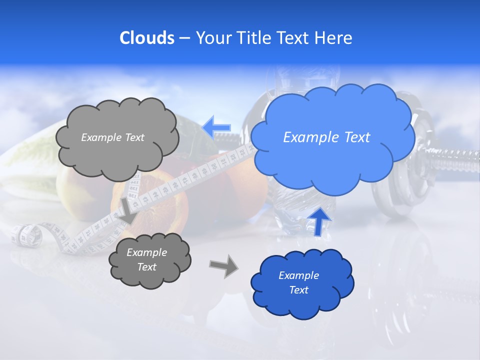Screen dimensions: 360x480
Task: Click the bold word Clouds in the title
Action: coord(147,38)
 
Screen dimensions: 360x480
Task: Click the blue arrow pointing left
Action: coord(216,127)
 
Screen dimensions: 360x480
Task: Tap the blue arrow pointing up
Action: coord(318,220)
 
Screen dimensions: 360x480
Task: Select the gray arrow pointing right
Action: coord(224,265)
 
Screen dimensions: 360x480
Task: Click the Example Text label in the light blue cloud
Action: coord(326,137)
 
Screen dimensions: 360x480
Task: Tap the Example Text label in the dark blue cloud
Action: coord(298,282)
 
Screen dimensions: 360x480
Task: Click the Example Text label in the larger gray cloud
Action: coord(112,137)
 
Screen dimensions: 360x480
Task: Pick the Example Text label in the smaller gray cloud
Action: coord(146,259)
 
